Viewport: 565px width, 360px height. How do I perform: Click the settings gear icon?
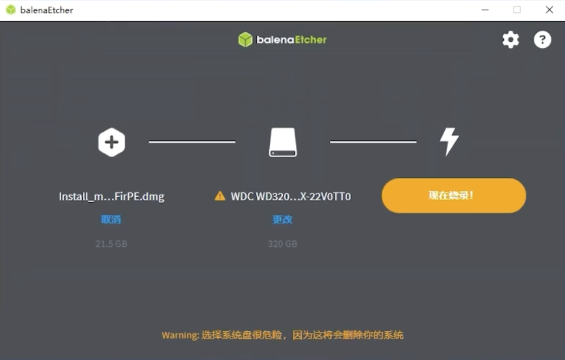tap(511, 40)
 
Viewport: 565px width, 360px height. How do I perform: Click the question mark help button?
tap(542, 40)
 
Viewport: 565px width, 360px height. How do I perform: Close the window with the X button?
tap(549, 10)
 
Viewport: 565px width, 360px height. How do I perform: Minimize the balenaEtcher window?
tap(485, 10)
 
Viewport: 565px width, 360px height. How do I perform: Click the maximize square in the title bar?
tap(517, 10)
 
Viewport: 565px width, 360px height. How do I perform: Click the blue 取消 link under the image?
tap(111, 220)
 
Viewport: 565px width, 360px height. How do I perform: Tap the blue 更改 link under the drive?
tap(283, 220)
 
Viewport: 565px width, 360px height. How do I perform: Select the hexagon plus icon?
tap(112, 142)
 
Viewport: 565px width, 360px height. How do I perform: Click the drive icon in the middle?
tap(283, 142)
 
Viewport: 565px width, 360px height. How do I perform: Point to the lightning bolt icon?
tap(449, 142)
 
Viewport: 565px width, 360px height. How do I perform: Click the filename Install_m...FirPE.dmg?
tap(112, 197)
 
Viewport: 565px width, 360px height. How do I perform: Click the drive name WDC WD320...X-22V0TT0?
tap(291, 197)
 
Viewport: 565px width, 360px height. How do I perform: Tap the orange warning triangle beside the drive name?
tap(220, 196)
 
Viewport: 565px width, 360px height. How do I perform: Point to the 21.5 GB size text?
tap(112, 244)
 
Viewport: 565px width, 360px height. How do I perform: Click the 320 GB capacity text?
tap(283, 244)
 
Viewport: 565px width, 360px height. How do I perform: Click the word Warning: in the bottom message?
tap(180, 336)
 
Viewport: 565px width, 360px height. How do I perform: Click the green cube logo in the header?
tap(245, 40)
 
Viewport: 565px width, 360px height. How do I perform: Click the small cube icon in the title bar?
tap(11, 10)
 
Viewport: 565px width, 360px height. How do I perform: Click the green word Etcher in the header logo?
tap(310, 40)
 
